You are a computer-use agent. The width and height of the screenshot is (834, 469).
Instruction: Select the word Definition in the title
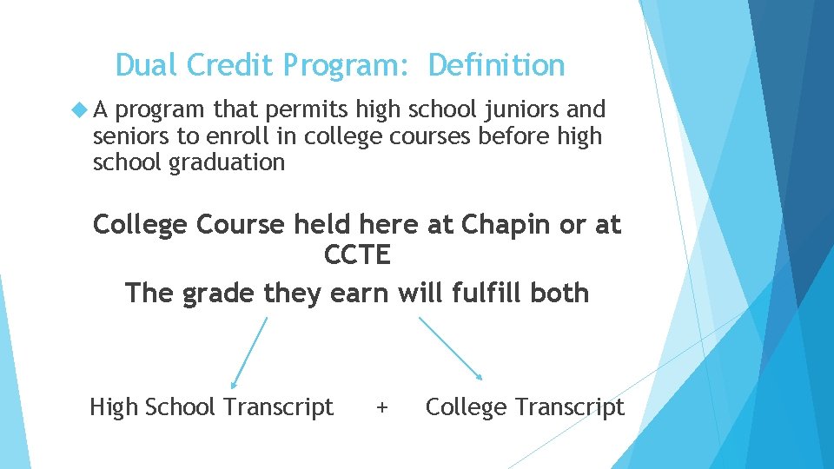click(496, 65)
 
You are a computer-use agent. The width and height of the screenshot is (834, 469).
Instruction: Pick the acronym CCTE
click(357, 256)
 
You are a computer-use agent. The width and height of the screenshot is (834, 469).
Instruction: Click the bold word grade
click(219, 293)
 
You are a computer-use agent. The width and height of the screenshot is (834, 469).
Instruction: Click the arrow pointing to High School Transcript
click(248, 352)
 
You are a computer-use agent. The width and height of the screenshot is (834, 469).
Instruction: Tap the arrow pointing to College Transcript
click(451, 347)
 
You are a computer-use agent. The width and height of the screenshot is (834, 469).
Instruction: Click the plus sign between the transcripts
click(381, 406)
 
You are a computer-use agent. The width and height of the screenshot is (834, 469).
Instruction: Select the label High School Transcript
click(211, 406)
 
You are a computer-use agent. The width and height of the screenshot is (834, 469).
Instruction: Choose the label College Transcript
click(525, 406)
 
